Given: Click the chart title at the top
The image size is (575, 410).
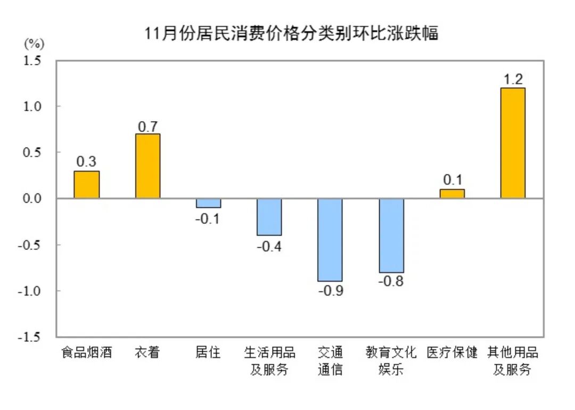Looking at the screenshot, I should [292, 34].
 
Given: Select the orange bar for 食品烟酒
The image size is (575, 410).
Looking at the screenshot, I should [86, 185].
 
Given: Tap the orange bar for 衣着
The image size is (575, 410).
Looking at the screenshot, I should [147, 166].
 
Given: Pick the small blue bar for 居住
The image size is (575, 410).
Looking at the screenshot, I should [208, 203].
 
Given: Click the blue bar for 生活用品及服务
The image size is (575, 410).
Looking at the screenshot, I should [269, 217].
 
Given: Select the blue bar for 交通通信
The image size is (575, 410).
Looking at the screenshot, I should [330, 240].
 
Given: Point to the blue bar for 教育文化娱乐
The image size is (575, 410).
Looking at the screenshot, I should [391, 235].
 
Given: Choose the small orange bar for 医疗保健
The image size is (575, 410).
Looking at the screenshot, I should [452, 194].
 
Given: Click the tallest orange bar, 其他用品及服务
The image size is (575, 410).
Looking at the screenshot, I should [513, 143].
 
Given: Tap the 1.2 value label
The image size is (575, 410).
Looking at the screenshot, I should [513, 80].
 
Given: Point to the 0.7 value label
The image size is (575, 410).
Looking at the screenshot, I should [147, 126].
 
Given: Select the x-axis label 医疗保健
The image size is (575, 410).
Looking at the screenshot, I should [452, 353].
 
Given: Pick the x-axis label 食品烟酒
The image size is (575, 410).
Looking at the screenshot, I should [86, 353].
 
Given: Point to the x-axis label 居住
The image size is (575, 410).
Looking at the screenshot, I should [208, 353].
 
